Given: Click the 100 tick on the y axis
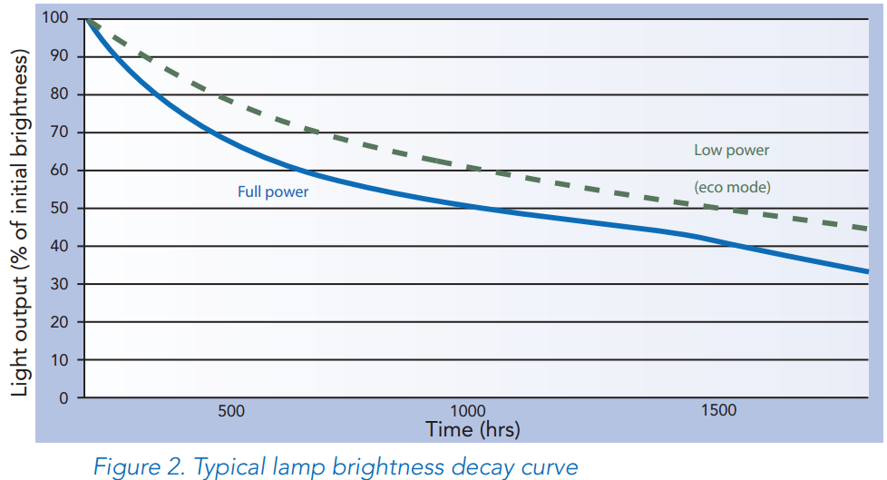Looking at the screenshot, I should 56,19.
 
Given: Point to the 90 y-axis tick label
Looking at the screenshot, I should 60,57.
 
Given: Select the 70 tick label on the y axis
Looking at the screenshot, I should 60,132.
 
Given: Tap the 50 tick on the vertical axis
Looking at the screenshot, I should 60,209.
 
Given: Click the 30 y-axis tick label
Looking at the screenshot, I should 60,284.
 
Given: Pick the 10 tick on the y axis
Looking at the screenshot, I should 60,360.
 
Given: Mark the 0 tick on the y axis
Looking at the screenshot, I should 63,397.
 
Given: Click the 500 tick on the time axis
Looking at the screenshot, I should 231,411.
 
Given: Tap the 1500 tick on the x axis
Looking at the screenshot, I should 718,411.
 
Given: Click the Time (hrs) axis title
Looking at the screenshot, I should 473,428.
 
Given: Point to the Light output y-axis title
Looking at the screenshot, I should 20,222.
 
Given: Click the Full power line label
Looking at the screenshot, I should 273,191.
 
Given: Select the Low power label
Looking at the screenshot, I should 732,150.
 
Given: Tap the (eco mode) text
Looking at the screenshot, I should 732,188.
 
